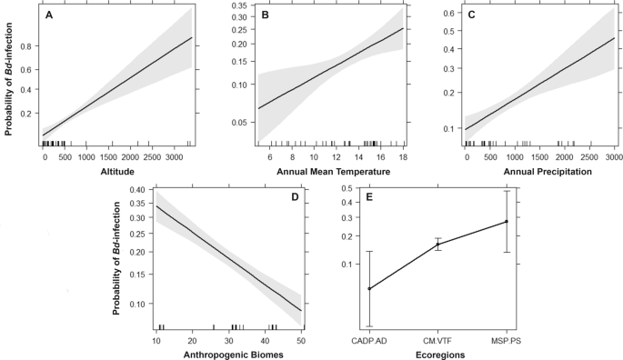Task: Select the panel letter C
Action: click(x=470, y=15)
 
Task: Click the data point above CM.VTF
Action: click(x=438, y=244)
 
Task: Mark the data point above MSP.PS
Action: click(x=507, y=221)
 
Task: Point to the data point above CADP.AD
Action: click(x=369, y=288)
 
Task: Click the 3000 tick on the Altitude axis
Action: click(x=169, y=157)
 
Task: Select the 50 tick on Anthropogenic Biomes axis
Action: click(x=301, y=339)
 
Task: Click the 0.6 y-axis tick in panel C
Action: click(x=447, y=14)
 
